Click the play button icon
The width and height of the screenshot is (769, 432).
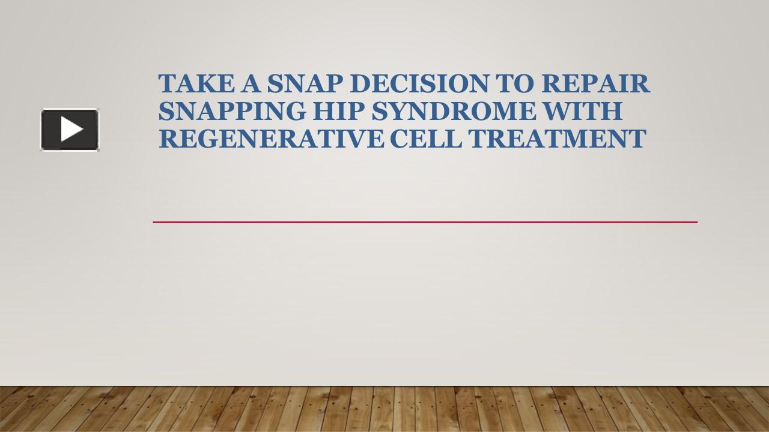pyautogui.click(x=70, y=130)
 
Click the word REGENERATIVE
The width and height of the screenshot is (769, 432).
pyautogui.click(x=271, y=139)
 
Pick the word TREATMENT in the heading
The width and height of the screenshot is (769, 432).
pyautogui.click(x=557, y=139)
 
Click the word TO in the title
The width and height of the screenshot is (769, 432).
pyautogui.click(x=514, y=84)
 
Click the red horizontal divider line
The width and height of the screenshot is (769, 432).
pyautogui.click(x=425, y=222)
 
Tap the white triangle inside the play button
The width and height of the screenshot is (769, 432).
pyautogui.click(x=71, y=130)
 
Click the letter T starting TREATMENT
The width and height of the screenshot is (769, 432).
pyautogui.click(x=476, y=139)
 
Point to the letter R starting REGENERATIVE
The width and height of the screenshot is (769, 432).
pyautogui.click(x=168, y=139)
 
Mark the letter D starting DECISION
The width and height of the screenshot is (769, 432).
pyautogui.click(x=359, y=84)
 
